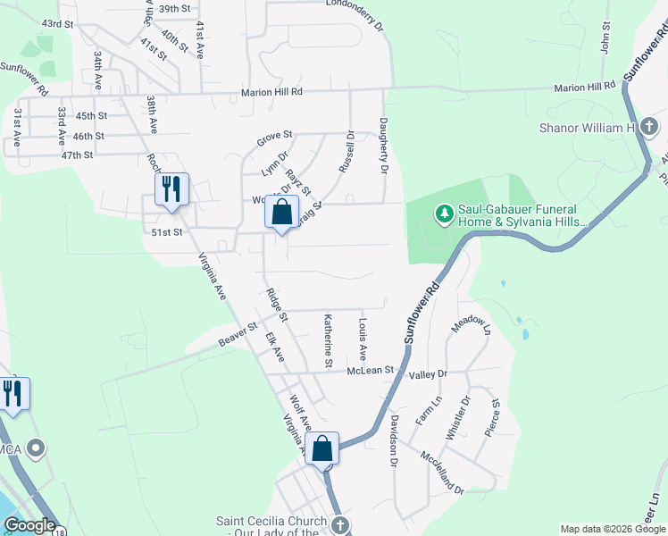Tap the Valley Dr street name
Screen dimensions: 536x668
tap(427, 374)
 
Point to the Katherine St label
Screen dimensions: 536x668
tap(328, 340)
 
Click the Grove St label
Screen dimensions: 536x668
tap(275, 138)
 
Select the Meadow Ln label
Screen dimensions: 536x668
tap(471, 331)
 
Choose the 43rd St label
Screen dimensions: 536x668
tap(56, 23)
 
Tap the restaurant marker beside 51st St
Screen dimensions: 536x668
tap(171, 189)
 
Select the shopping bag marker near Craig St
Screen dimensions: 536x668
tap(281, 213)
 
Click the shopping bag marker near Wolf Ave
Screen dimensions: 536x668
tap(322, 449)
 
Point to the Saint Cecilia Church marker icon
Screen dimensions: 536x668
tap(338, 526)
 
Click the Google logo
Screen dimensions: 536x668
tap(29, 526)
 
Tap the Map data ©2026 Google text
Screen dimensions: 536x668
tap(612, 529)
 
